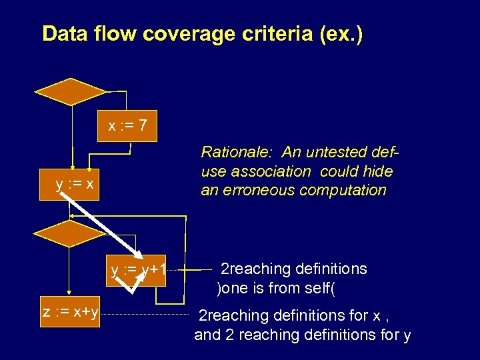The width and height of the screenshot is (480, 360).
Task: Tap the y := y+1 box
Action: [138, 271]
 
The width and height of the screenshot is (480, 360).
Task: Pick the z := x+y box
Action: [71, 311]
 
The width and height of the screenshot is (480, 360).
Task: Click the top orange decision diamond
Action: [70, 91]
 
